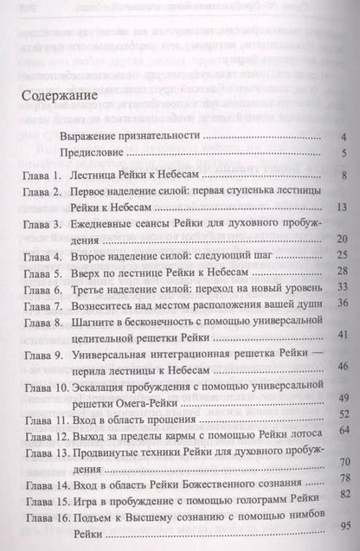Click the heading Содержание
click(x=61, y=96)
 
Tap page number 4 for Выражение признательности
click(x=343, y=136)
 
